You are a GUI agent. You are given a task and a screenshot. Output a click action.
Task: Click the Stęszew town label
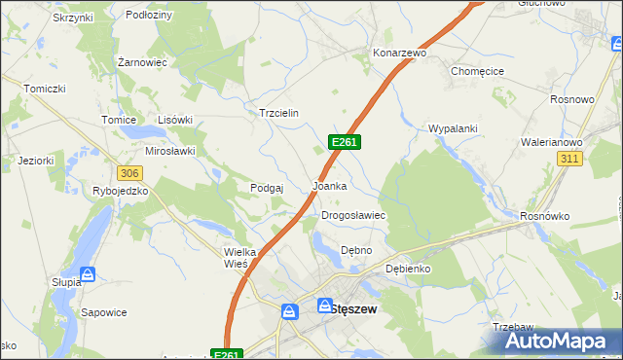point(353,308)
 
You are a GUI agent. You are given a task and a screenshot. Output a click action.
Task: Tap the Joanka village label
point(329,185)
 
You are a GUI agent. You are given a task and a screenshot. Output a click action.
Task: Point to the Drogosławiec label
point(354,216)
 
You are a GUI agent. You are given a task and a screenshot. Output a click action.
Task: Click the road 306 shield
point(130,172)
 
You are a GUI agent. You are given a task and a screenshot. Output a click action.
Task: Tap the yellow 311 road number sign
point(571,158)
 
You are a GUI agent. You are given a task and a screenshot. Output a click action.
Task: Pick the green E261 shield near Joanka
point(347,142)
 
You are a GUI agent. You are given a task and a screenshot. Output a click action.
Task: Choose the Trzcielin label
point(278,113)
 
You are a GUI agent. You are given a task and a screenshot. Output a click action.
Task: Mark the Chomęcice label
point(476,71)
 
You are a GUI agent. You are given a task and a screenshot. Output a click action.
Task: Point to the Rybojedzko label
point(120,191)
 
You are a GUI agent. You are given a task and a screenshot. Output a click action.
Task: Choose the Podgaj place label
point(267,188)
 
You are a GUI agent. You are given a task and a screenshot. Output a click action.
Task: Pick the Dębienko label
point(408,269)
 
